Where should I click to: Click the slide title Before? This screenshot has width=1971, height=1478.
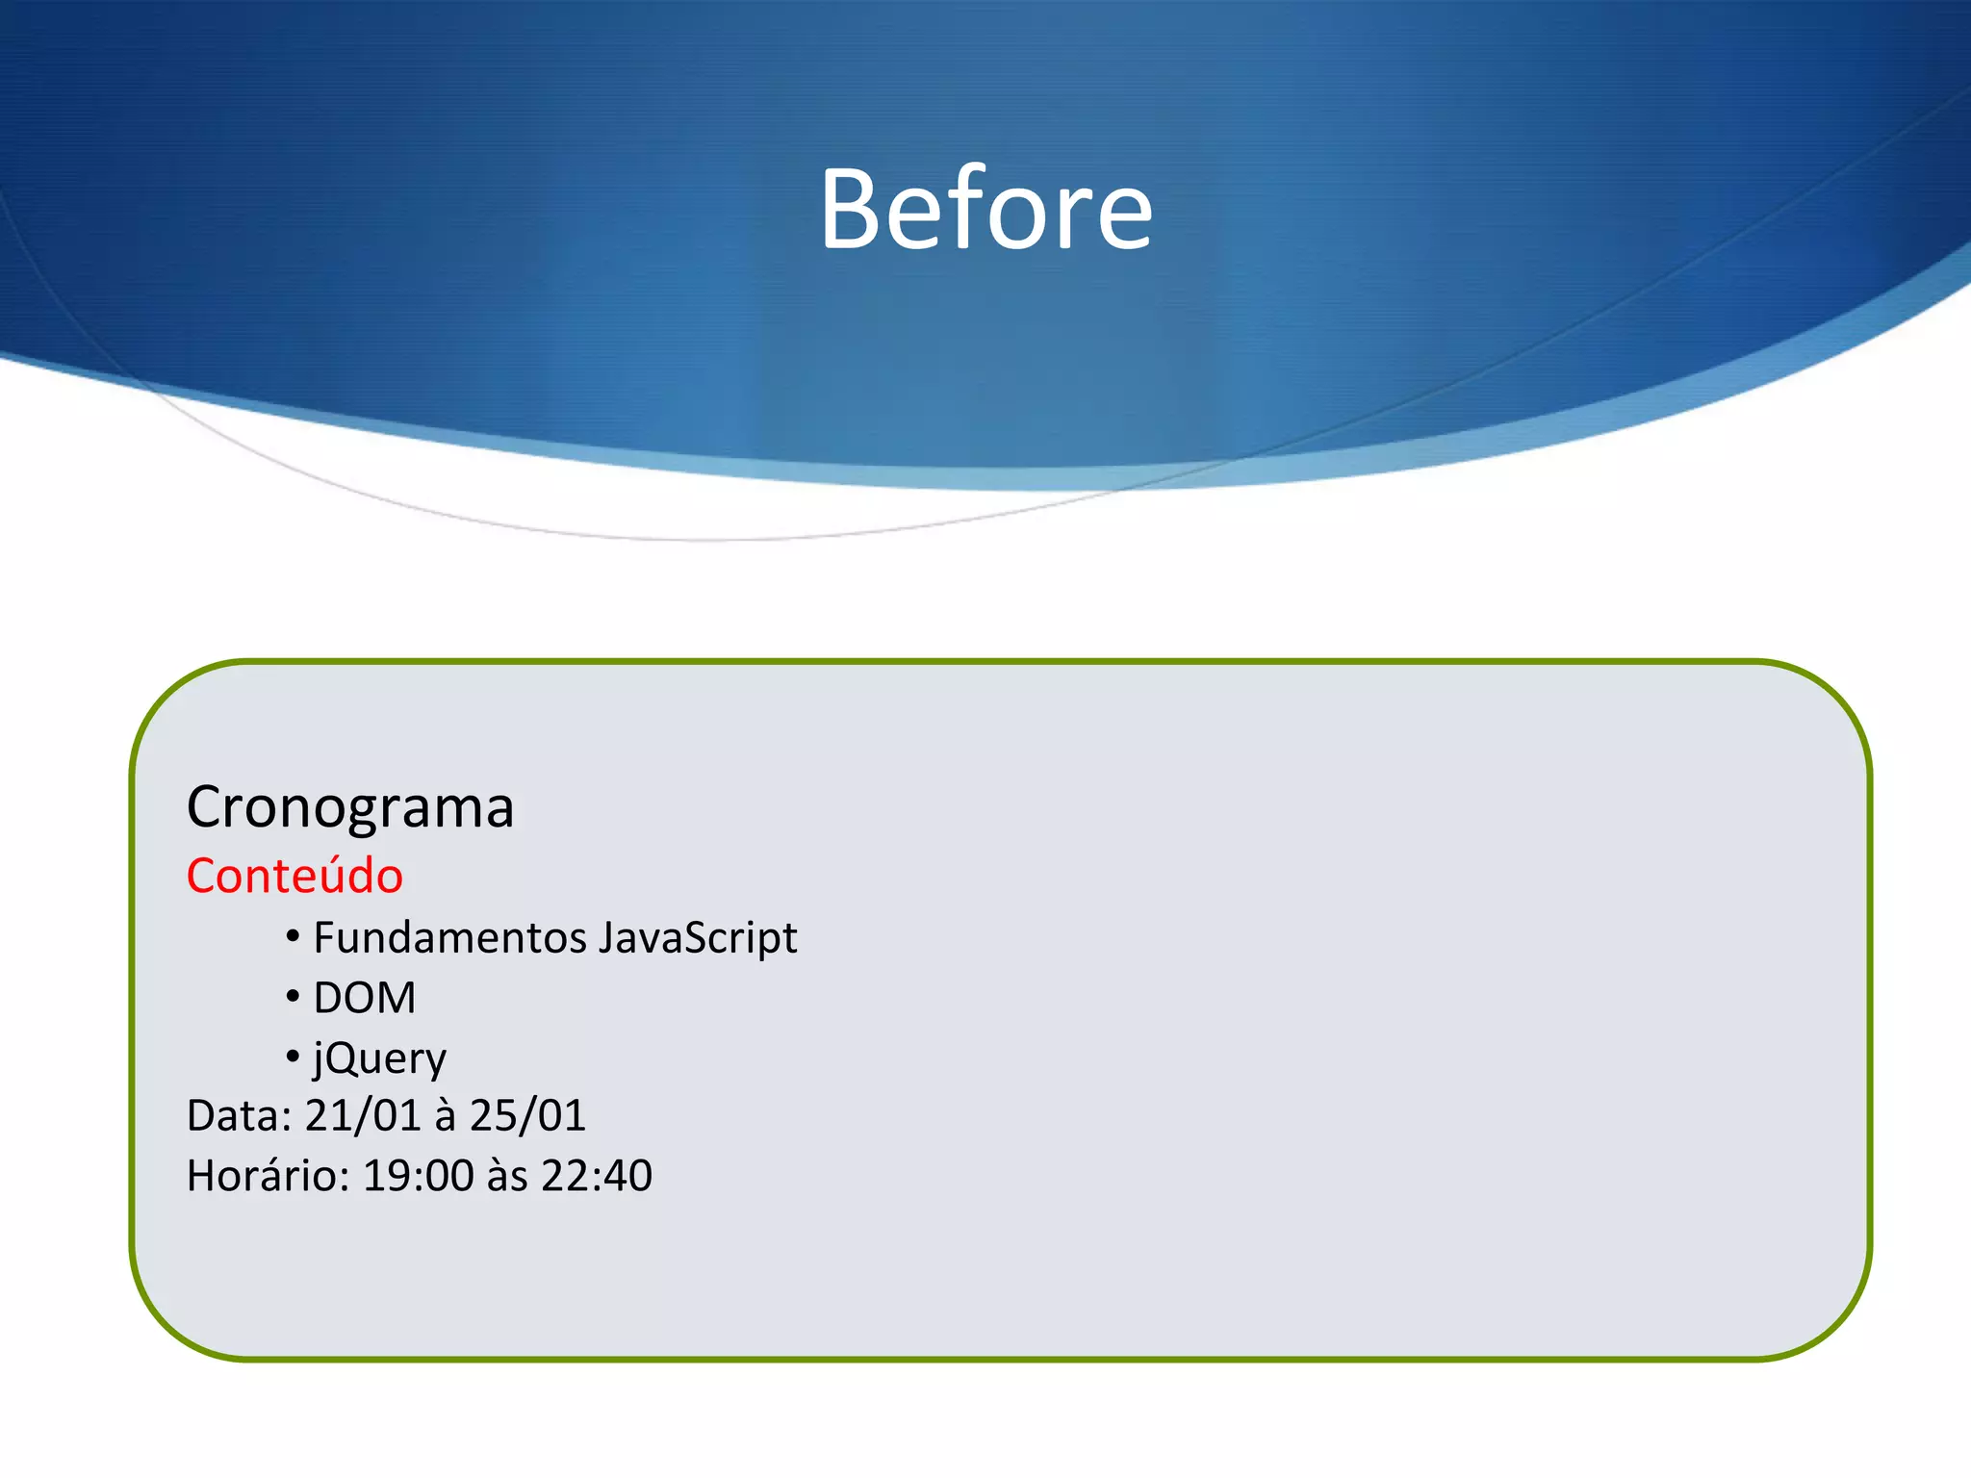point(985,210)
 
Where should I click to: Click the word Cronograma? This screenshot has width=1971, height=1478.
point(350,807)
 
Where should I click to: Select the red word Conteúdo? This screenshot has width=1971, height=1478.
point(294,876)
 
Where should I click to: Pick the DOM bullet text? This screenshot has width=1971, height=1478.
point(365,998)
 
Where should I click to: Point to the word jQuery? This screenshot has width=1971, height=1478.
point(379,1059)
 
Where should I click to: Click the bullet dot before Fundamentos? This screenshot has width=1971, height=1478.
point(293,936)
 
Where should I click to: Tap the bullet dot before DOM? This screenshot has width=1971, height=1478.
point(293,997)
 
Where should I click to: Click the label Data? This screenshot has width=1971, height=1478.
point(239,1116)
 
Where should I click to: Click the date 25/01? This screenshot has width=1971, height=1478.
point(527,1116)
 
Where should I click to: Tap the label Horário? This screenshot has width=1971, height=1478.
point(268,1176)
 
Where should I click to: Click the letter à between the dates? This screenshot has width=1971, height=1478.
point(445,1116)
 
